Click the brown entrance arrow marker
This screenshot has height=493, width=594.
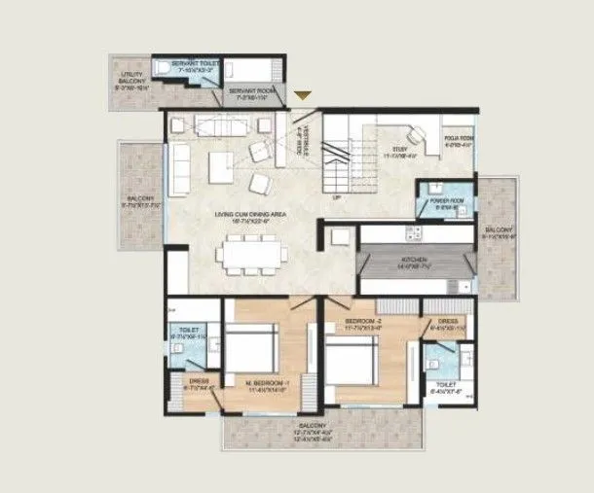304,95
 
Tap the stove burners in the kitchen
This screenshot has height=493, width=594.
413,233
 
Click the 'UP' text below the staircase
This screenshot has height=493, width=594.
337,198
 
